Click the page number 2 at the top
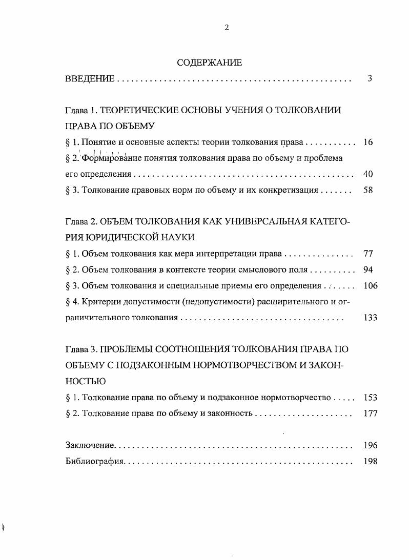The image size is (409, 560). click(227, 28)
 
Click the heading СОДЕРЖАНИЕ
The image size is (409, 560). click(209, 63)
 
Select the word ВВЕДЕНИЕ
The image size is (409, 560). click(90, 79)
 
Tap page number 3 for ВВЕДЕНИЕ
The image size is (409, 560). click(370, 79)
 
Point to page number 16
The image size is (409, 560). click(367, 142)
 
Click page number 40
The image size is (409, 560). click(367, 174)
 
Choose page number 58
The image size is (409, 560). click(367, 190)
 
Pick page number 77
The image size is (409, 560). click(367, 254)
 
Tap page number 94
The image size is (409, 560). click(367, 269)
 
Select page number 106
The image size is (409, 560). click(370, 285)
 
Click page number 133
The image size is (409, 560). click(370, 318)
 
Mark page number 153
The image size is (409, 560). click(370, 397)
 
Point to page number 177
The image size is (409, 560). click(370, 413)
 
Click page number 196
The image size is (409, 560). click(370, 446)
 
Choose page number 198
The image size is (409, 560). click(370, 461)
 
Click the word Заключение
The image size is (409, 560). click(90, 446)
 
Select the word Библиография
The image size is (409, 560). click(95, 462)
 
